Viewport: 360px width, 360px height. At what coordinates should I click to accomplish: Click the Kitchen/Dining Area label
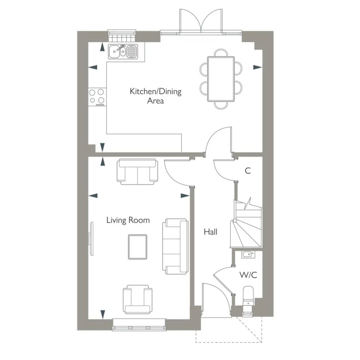155,96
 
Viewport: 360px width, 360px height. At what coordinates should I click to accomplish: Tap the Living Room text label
128,220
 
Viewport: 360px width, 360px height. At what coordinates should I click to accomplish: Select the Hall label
210,232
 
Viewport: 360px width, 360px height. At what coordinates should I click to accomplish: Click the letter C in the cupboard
248,171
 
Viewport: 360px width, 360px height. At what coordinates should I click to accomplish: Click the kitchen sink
123,51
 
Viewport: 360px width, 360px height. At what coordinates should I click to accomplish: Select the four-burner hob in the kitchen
97,96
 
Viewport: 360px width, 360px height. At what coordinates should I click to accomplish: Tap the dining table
220,78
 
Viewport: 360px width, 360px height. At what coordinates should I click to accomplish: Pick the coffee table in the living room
137,246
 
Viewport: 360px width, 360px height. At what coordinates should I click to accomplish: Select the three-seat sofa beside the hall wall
175,246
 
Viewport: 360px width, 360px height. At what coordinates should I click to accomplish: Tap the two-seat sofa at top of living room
137,171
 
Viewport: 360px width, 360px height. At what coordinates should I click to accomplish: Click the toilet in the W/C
248,295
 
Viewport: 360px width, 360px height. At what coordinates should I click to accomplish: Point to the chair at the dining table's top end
220,52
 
